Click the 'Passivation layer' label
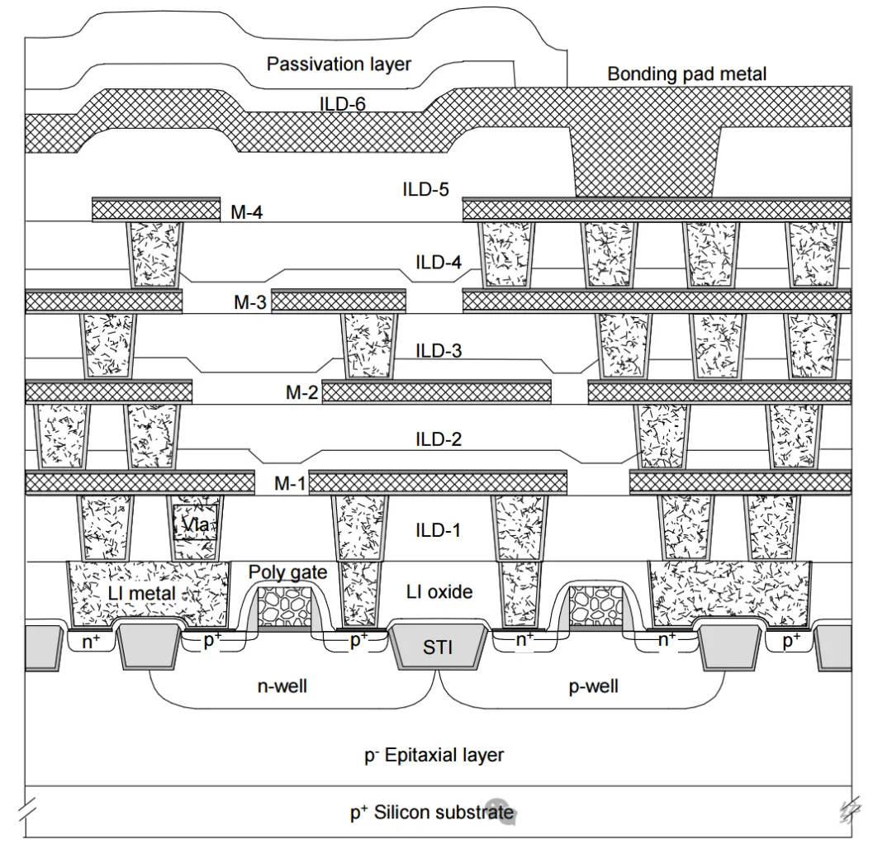tap(339, 64)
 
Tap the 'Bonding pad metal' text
tap(686, 74)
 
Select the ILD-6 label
tap(343, 104)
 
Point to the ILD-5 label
tap(425, 189)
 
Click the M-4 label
tap(246, 213)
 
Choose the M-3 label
tap(249, 302)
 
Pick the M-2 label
tap(301, 392)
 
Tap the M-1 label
tap(290, 483)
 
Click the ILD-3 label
tap(438, 350)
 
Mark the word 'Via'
tap(195, 524)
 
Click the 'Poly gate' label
tap(288, 572)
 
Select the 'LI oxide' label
tap(439, 592)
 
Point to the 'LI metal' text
tap(142, 594)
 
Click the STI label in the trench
tap(438, 647)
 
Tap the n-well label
tap(282, 686)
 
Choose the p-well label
tap(593, 687)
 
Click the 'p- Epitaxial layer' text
tap(434, 755)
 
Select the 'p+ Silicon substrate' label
tap(432, 812)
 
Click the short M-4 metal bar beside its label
tap(156, 210)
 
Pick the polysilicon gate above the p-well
tap(596, 605)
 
